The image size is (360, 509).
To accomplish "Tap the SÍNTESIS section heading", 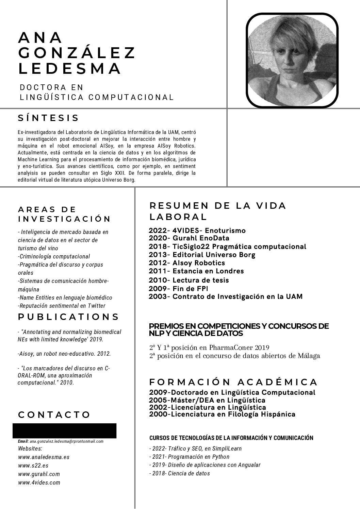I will tap(48, 118).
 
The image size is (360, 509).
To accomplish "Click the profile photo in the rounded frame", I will tap(292, 60).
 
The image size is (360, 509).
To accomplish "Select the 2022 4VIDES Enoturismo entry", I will tap(197, 231).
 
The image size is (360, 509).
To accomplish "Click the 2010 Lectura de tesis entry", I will tap(189, 280).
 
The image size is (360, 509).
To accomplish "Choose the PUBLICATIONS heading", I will tap(68, 317).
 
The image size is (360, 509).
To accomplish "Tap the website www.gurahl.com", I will tap(39, 474).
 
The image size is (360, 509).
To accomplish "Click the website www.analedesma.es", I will tap(44, 457).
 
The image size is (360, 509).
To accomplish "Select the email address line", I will tap(61, 441).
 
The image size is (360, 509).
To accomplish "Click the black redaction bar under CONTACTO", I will tap(64, 430).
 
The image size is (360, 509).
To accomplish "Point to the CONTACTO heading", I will tap(54, 415).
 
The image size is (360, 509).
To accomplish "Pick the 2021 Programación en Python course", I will tap(189, 457).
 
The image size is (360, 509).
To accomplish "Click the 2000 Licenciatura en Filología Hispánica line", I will tap(222, 414).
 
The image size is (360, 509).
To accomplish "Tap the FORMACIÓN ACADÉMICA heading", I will tap(233, 382).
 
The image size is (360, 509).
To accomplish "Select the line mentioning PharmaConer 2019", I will tap(209, 347).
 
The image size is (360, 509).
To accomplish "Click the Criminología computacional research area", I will tap(54, 256).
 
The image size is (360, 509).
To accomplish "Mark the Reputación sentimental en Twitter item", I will tap(62, 306).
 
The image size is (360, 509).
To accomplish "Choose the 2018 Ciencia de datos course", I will tap(180, 473).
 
